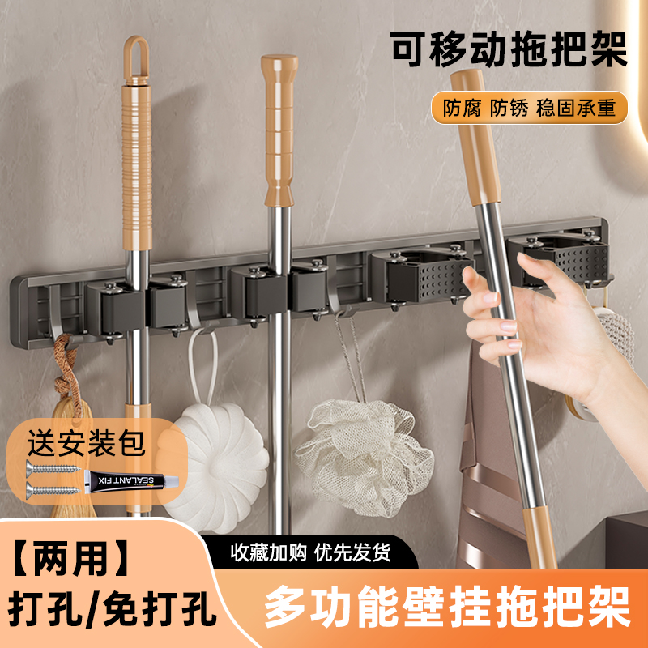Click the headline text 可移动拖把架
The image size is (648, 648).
point(509,50)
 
